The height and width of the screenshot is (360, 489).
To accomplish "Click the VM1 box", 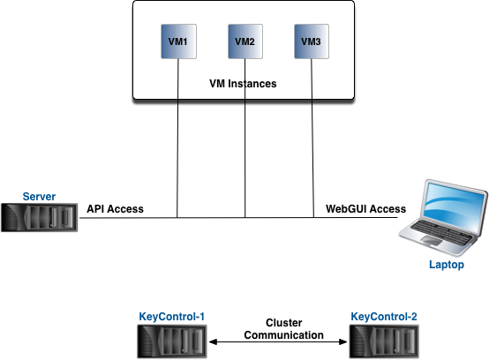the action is coord(178,41).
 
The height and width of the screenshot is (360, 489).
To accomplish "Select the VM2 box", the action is coord(245,41).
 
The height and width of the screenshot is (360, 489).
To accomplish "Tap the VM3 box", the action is coord(312,41).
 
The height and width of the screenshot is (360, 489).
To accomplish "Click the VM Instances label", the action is coord(243,84).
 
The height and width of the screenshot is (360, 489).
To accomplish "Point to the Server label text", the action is coord(39,197).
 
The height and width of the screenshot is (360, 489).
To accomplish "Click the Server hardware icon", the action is coord(40,217).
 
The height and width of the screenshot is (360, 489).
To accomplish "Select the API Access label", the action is coord(115,209).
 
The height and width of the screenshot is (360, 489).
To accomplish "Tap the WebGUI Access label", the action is coord(365,209).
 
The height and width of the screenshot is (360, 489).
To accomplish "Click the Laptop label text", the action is coord(447,265).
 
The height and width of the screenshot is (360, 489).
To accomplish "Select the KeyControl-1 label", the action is coord(172,317).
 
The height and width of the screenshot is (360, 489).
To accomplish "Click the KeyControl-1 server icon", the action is coord(172,341).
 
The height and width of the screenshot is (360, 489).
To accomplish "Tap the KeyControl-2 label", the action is coord(384,317).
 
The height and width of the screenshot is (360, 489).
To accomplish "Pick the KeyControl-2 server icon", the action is coord(384,341).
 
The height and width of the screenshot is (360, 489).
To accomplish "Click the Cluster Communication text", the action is coord(284,329).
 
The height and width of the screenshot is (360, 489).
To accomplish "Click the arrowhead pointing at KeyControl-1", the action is coord(213,342).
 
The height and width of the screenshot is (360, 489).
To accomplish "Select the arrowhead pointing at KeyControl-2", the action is coord(343,342).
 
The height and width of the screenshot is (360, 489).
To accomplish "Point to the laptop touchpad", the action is coord(433,240).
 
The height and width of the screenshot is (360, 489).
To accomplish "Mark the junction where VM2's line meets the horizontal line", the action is coord(245,218).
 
